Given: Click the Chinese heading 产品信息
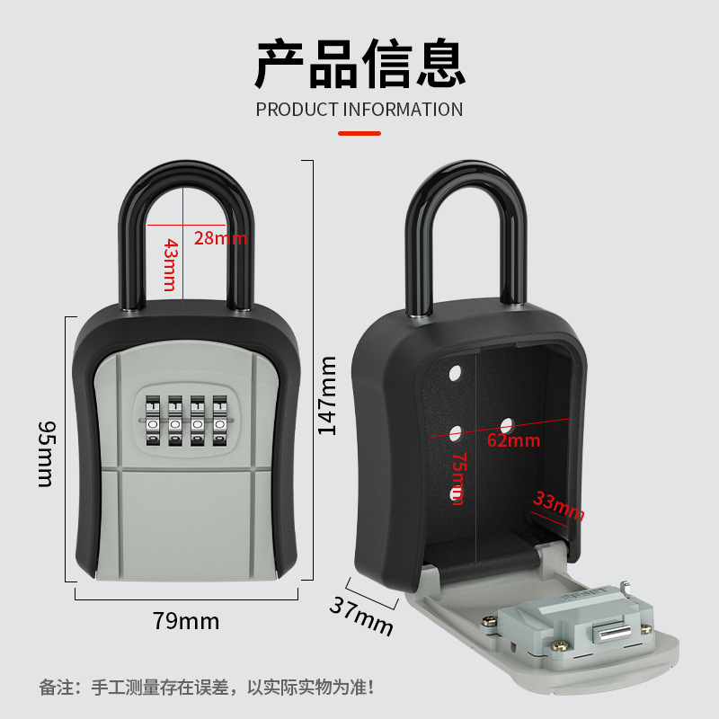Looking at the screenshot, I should click(359, 63).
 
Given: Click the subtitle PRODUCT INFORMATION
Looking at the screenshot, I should click(359, 110).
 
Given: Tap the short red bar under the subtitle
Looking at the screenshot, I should click(359, 133).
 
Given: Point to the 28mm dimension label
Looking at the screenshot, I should click(219, 238).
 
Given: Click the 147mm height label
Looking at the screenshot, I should click(328, 395).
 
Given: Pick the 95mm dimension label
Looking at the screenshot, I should click(45, 453).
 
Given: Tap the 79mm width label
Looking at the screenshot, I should click(186, 621).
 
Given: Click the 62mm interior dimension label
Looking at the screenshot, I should click(513, 440).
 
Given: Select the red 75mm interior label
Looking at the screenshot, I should click(458, 477).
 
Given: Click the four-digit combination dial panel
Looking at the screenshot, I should click(185, 419).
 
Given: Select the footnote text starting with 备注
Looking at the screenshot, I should click(207, 688).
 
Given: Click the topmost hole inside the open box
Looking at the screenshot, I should click(454, 371).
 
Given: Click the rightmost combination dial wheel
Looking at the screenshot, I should click(218, 421).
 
